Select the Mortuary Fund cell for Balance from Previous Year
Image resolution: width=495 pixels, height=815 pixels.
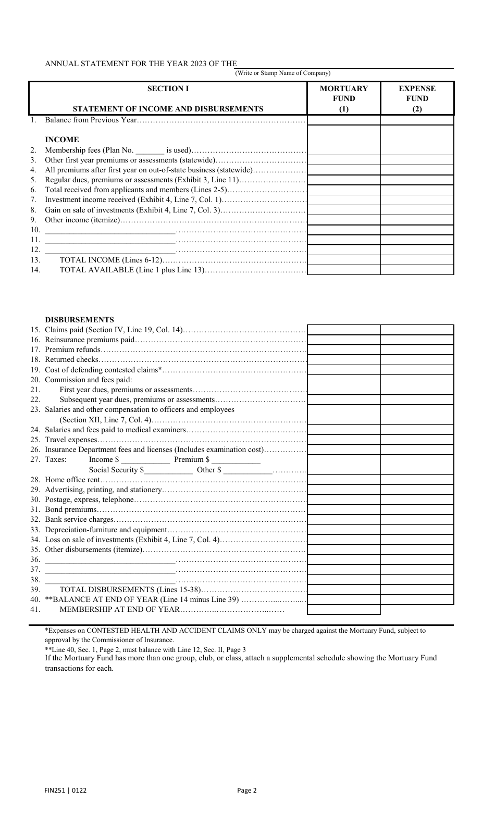344,120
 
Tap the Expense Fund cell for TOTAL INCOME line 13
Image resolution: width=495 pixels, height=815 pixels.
417,260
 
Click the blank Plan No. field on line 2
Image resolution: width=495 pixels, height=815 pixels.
150,151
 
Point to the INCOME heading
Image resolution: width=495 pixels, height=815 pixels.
62,140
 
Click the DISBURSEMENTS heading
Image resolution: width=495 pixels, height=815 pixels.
79,320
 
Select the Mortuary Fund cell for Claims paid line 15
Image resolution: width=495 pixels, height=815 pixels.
344,330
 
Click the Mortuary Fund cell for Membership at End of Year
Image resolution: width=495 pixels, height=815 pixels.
344,610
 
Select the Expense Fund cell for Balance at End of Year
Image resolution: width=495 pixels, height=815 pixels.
417,599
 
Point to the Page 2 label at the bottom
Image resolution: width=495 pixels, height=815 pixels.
247,790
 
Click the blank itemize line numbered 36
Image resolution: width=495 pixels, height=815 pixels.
110,560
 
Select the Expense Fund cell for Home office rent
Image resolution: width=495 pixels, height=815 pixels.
417,480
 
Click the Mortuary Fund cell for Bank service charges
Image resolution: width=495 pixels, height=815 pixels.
344,520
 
